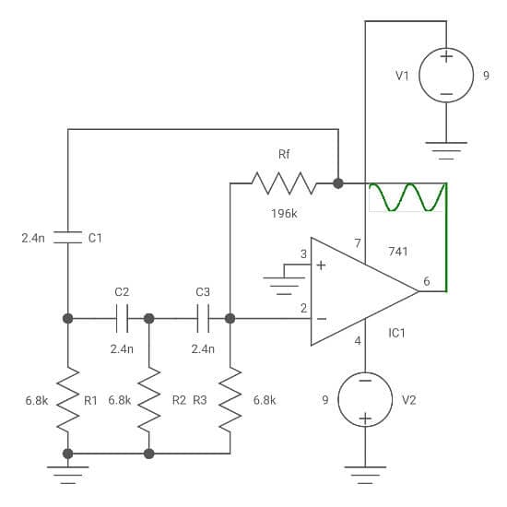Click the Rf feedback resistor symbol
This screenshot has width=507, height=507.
point(284,183)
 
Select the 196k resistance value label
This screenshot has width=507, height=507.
point(284,214)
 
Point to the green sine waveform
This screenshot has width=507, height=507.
point(407,197)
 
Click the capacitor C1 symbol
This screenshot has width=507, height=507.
point(68,237)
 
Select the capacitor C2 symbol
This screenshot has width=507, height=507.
point(122,319)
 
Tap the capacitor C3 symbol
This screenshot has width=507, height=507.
point(203,319)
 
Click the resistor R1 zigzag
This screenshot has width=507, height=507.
point(68,400)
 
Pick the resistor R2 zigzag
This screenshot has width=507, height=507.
point(149,400)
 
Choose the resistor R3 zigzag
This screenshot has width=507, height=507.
point(230,400)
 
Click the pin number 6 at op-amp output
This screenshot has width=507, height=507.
point(427,281)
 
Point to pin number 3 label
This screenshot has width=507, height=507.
point(303,253)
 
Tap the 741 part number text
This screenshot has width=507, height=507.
point(397,252)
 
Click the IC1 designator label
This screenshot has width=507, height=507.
point(396,333)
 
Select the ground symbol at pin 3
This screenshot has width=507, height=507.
point(284,286)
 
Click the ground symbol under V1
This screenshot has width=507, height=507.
point(446,150)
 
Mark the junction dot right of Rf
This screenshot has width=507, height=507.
point(338,183)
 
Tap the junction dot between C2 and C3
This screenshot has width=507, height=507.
point(149,319)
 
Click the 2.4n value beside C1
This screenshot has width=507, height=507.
point(33,239)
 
